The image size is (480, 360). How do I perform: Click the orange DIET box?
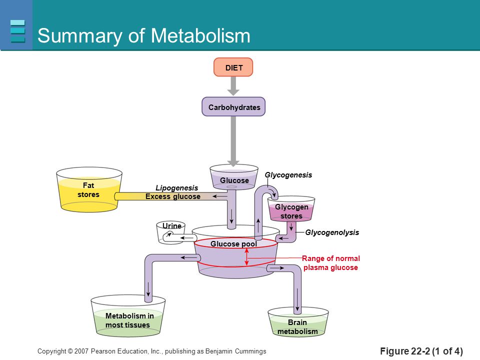pos(233,67)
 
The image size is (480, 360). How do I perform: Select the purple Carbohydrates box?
pos(233,107)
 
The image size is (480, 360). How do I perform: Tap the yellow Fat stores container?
pos(89,189)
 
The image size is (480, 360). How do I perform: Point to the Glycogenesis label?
pos(288,175)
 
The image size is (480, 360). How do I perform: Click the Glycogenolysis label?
pos(332,232)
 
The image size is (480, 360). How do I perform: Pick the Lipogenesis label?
pos(176,187)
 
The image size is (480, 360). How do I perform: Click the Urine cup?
pos(171,232)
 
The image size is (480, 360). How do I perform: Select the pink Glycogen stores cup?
pos(291,209)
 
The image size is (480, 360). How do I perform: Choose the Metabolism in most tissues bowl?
pos(128,316)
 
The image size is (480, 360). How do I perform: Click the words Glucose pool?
pos(233,244)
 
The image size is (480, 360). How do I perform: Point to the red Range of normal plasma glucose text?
pos(330,263)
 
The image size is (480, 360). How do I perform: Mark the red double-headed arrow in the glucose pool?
pos(246,256)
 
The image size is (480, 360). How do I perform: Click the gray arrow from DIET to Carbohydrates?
pos(233,86)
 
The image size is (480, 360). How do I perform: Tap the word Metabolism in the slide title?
pos(200,35)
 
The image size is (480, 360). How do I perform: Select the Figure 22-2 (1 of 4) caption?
pos(421,351)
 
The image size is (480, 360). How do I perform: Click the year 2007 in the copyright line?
pos(81,351)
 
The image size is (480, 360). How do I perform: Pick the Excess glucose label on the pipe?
pos(173,196)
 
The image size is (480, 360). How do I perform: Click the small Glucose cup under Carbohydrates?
pos(234,177)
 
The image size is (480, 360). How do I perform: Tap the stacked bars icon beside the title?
pos(17,31)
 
